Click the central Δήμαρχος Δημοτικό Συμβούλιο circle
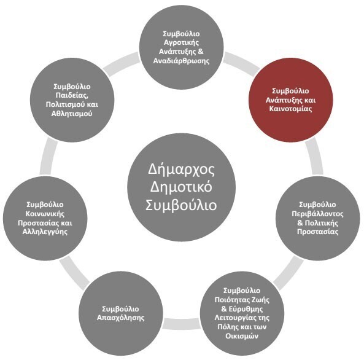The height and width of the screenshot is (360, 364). (x=181, y=187)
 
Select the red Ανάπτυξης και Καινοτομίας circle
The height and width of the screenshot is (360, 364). (x=290, y=100)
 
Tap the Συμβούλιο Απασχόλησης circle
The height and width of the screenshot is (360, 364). (x=121, y=313)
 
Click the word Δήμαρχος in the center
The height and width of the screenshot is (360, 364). (x=181, y=169)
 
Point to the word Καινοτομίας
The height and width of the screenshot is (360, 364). (x=290, y=109)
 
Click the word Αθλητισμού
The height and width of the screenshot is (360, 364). (x=72, y=114)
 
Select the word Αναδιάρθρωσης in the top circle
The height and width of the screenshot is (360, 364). (x=181, y=61)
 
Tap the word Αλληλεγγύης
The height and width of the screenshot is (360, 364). (x=45, y=232)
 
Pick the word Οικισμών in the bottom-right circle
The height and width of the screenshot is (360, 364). (x=242, y=336)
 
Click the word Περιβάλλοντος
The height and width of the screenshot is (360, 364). (x=317, y=214)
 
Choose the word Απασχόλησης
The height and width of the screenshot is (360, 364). (x=121, y=318)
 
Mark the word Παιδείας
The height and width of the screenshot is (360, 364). (x=72, y=95)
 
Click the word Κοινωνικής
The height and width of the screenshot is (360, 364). (x=45, y=214)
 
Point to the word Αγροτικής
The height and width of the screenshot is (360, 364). (x=181, y=43)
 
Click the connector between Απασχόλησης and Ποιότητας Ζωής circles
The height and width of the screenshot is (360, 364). (x=182, y=324)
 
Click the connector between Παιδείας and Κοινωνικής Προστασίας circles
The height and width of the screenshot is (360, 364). (x=48, y=155)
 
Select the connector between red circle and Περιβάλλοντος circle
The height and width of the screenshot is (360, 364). (x=314, y=155)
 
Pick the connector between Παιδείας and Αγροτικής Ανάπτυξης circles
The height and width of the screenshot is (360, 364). (x=121, y=63)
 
